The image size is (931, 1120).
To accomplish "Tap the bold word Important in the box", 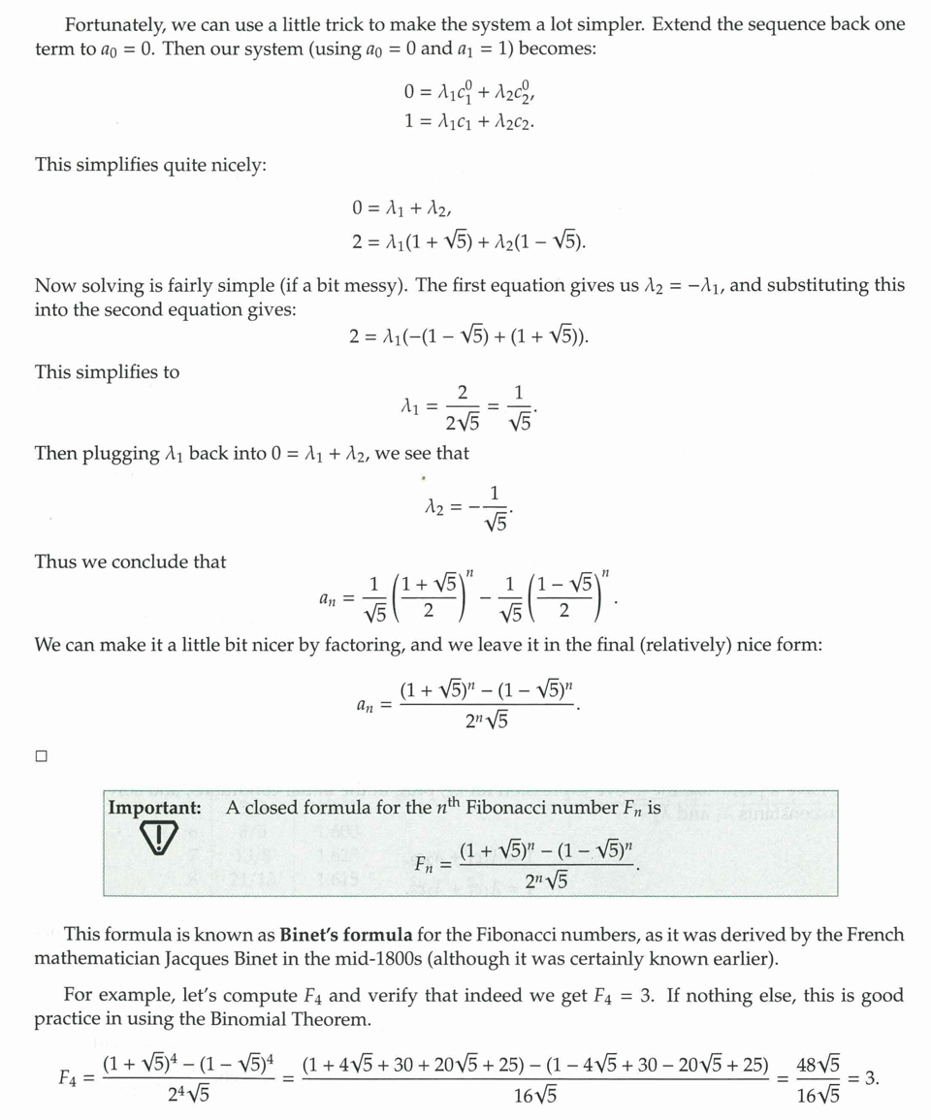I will click(x=155, y=807).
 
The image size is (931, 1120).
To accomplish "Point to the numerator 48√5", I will click(x=818, y=1063).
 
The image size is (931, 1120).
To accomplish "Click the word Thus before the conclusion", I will click(x=55, y=561).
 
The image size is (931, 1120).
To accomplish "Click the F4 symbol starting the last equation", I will click(x=69, y=1078).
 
